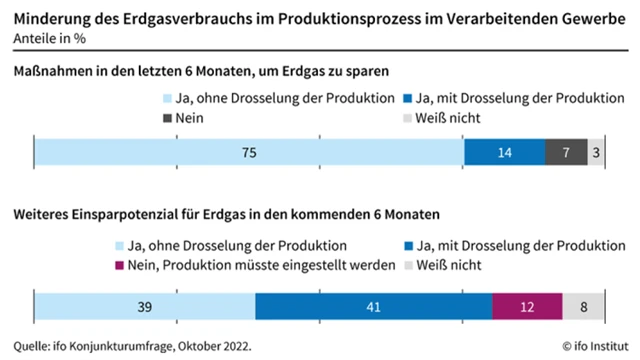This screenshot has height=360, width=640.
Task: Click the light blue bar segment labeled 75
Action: [249, 152]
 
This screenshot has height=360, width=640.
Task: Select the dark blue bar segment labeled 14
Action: [505, 152]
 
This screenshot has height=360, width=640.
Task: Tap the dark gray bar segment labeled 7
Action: [566, 152]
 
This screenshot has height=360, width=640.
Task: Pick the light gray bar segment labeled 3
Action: [596, 152]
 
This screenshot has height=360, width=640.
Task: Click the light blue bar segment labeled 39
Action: [145, 308]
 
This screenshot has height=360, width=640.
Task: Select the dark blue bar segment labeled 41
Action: [374, 308]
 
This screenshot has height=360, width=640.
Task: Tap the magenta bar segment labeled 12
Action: [527, 308]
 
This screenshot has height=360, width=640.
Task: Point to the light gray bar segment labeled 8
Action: [583, 308]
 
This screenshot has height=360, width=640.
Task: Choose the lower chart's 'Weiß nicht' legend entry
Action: [447, 265]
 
